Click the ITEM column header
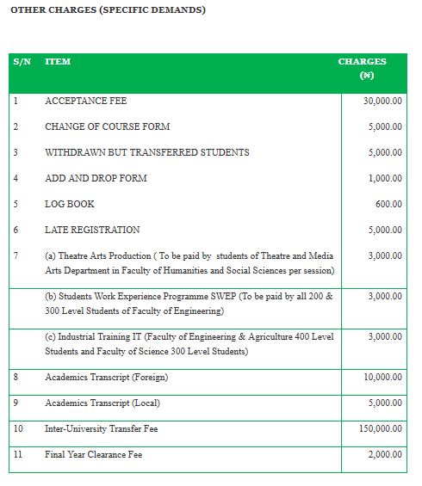tap(58, 62)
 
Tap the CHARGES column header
tap(362, 62)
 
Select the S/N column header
tap(22, 62)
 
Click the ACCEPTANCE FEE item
tap(85, 101)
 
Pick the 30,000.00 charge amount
tap(382, 101)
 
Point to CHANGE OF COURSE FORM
tap(107, 126)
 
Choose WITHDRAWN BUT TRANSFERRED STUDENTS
tap(146, 152)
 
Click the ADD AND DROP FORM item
tap(96, 178)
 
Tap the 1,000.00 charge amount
tap(385, 178)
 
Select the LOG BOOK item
tap(70, 204)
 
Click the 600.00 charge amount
tap(388, 204)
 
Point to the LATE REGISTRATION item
tap(92, 230)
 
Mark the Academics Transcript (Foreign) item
tap(106, 377)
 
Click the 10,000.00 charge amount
tap(382, 377)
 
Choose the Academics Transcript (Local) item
tap(102, 403)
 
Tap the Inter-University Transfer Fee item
tap(101, 428)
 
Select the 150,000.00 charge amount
tap(380, 428)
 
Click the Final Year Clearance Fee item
tap(93, 454)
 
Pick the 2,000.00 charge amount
tap(385, 454)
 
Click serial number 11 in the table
tap(18, 454)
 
